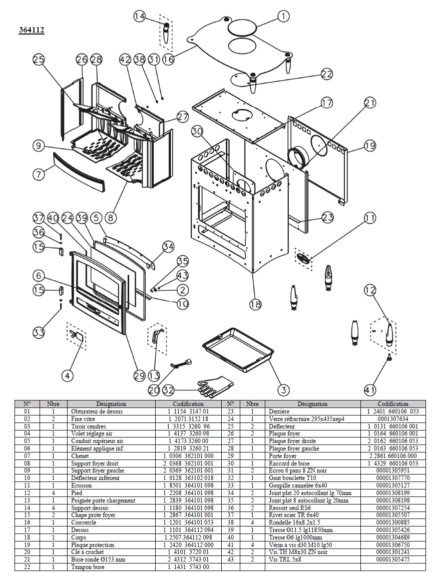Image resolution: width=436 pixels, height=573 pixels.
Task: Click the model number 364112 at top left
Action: coord(32,29)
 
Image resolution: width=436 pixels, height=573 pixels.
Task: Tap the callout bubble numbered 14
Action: coord(140,16)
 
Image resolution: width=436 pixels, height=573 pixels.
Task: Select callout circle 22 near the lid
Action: coord(327,74)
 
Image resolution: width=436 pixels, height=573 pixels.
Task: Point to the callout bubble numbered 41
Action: coord(370,390)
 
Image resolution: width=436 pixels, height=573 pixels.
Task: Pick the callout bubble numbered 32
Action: coord(168,390)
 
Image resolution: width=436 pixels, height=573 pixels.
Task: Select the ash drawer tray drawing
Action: coord(238,347)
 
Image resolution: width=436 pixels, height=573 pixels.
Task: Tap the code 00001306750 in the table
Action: coord(393,544)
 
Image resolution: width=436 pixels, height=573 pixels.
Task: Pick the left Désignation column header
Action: coord(111,404)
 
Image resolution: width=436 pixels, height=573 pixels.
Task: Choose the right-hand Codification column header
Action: coord(393,404)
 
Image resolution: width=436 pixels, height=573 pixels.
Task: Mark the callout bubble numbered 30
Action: coord(197,131)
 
